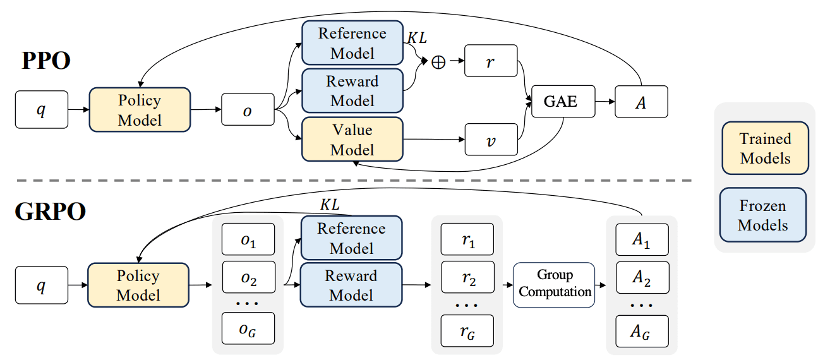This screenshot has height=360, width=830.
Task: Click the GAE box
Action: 563,102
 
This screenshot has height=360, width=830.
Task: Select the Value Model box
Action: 352,139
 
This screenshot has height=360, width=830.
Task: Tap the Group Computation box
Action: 554,285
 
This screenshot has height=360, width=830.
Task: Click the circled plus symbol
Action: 438,62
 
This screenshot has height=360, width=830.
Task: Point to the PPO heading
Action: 46,61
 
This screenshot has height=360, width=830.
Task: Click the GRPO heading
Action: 51,212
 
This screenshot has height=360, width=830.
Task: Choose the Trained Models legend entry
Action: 765,148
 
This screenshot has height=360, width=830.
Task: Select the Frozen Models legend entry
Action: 763,215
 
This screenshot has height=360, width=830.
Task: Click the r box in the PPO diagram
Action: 491,61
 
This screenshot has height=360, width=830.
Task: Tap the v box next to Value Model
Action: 491,139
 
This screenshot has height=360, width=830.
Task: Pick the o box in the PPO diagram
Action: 248,109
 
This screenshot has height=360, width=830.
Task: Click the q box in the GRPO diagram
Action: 42,285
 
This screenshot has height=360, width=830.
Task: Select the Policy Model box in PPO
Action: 140,110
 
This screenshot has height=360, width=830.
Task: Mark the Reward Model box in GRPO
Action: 351,285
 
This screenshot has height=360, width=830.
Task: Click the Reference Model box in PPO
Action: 352,42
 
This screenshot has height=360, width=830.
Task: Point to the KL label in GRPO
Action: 330,205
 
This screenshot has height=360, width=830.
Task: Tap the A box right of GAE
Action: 641,102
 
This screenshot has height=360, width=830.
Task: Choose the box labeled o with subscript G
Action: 248,328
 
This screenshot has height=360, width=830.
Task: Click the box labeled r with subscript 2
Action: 467,277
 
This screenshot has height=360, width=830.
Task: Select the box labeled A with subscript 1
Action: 642,239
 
